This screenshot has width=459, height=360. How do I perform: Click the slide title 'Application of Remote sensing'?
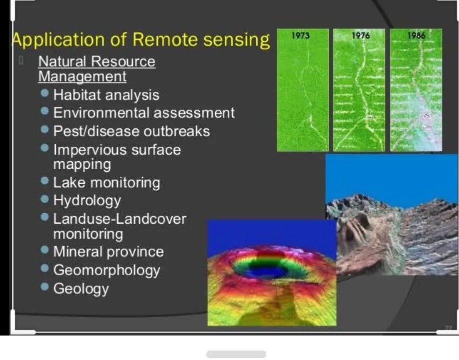tap(140, 39)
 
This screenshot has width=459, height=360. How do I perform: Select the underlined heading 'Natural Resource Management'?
tap(96, 69)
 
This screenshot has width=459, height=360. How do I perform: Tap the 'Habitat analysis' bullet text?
tap(106, 95)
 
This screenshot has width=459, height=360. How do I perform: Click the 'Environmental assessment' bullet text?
tap(144, 113)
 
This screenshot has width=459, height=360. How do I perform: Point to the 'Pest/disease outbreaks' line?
tap(131, 131)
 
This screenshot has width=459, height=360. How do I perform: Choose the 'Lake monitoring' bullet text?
tap(106, 183)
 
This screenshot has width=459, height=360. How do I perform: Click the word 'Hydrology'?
tap(87, 201)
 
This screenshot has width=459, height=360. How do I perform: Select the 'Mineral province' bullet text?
tap(108, 252)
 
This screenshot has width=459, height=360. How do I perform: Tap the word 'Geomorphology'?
tap(106, 270)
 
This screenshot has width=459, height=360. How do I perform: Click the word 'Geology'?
tap(81, 289)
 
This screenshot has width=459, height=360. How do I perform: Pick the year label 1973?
tap(301, 35)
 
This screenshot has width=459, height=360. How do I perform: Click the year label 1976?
tap(360, 35)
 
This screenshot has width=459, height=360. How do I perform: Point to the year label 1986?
tap(416, 35)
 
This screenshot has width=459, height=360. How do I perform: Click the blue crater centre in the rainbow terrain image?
tap(266, 272)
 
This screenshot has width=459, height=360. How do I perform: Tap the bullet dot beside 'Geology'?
tap(45, 287)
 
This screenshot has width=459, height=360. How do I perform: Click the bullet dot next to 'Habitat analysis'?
tap(45, 93)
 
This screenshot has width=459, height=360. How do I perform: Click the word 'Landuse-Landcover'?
tap(119, 219)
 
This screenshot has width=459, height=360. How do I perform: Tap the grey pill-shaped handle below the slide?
tap(236, 354)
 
